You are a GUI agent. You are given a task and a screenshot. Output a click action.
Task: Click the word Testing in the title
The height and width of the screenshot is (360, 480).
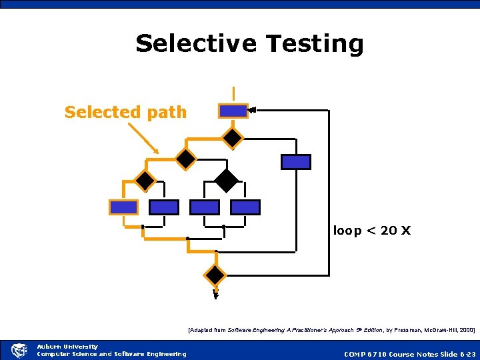click(315, 43)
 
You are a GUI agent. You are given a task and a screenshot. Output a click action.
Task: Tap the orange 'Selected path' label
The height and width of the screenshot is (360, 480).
click(125, 112)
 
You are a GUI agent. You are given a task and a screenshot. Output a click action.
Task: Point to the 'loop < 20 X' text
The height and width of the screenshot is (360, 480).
click(372, 231)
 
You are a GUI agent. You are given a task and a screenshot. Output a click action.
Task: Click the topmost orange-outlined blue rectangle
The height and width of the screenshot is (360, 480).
click(233, 111)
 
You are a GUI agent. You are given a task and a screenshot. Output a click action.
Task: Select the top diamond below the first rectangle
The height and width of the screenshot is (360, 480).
click(233, 137)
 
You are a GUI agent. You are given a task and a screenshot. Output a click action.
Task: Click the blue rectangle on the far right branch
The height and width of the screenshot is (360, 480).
click(295, 161)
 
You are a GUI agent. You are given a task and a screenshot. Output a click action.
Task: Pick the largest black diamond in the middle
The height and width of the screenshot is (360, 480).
click(227, 180)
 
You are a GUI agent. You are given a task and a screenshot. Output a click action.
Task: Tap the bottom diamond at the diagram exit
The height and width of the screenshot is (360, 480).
click(215, 275)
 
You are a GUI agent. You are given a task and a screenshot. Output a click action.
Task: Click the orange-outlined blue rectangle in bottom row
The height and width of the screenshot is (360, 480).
click(123, 207)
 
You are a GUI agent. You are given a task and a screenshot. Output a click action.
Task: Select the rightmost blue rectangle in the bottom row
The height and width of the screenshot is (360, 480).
click(245, 207)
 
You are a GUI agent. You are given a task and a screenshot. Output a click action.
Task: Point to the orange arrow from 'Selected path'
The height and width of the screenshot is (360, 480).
click(143, 139)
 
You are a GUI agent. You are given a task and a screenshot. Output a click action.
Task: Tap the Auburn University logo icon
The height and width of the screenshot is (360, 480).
click(18, 351)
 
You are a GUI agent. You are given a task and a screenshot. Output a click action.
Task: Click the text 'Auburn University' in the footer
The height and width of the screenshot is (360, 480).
click(67, 347)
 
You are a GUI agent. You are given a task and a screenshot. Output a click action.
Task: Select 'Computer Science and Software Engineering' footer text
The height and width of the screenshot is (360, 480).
click(111, 354)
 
